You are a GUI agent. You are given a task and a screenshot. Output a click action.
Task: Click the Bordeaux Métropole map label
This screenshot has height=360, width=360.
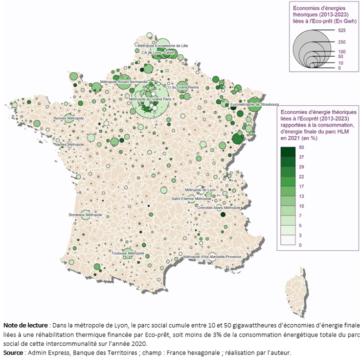point(86,215)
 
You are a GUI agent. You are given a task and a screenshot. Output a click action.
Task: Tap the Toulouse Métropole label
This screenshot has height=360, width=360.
point(125,253)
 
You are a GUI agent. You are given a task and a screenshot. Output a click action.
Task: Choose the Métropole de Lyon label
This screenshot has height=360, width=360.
point(201,190)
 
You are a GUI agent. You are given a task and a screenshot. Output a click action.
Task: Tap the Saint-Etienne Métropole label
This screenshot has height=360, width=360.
point(191,199)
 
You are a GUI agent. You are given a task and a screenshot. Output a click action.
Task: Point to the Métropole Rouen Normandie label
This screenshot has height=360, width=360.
point(124,82)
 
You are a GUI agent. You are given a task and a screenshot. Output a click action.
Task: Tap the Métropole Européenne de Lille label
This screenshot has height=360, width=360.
point(162,46)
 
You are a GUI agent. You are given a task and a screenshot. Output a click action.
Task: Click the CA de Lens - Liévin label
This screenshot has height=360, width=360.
point(157,52)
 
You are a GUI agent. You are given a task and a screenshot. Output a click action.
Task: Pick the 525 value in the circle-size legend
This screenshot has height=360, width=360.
point(341,30)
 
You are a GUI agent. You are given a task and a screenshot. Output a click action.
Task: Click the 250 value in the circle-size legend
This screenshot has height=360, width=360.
point(341,42)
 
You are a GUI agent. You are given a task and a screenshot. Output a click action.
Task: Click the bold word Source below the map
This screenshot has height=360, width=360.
point(14,352)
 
